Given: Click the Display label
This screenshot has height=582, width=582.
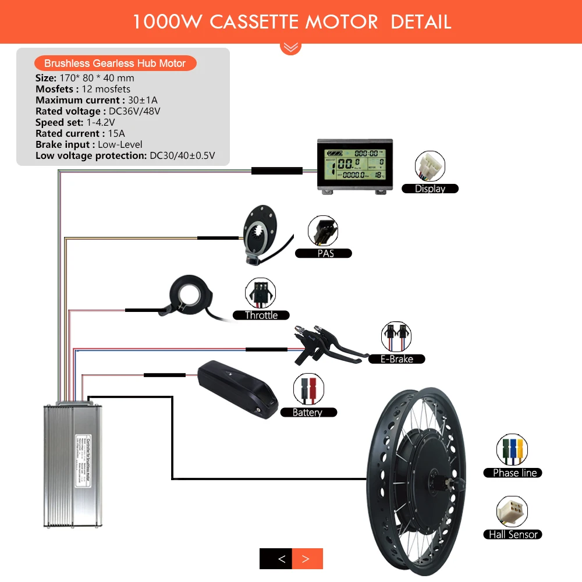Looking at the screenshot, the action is coord(430,189).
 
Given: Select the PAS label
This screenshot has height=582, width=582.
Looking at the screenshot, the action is coord(325,253).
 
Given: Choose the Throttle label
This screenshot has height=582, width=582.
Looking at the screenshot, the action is coord(261,315).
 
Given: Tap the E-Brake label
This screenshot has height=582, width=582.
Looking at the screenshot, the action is coord(397,359).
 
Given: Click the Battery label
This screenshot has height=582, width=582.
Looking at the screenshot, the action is coord(307,413).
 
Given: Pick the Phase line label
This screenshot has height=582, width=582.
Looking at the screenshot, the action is coord(514,473).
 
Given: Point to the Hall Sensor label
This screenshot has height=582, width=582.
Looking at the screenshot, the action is coord(513,534).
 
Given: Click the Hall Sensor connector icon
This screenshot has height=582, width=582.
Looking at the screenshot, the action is coord(512,512).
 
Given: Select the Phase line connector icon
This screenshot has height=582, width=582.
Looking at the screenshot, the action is coord(512,450).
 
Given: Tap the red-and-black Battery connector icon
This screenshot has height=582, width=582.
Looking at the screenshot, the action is coord(308,389).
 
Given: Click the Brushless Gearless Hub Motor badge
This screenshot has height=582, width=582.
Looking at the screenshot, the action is coord(115,63).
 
